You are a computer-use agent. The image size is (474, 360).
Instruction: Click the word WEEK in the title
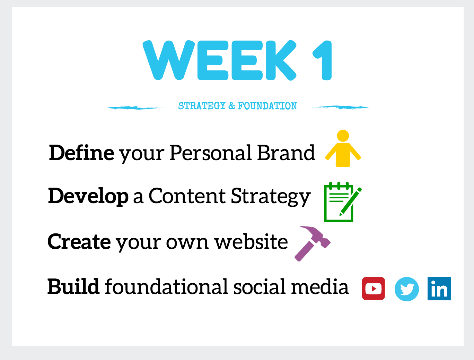(219, 60)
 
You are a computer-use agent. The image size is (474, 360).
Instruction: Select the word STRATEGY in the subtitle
(202, 106)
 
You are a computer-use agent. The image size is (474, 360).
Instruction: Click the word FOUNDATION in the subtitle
(267, 106)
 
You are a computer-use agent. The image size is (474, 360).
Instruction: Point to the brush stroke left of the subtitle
(135, 108)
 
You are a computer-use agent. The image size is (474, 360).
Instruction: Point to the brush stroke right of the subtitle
(340, 107)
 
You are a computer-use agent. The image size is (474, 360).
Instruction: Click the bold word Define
(81, 153)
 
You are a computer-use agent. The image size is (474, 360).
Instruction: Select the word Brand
(286, 153)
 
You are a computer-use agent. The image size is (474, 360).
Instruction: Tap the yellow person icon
(343, 148)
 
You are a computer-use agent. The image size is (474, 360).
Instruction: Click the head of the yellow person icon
(343, 136)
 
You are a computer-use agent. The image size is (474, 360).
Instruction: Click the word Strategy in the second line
(271, 197)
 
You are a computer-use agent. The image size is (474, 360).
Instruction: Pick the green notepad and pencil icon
(343, 202)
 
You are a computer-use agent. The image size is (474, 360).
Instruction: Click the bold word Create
(79, 242)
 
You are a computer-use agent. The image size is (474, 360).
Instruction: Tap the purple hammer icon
(312, 244)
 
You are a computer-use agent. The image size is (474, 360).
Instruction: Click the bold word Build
(73, 286)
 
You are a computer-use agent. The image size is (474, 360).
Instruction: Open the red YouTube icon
(374, 289)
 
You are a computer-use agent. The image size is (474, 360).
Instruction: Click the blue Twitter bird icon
(407, 289)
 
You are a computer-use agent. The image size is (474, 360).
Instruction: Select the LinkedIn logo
(439, 289)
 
